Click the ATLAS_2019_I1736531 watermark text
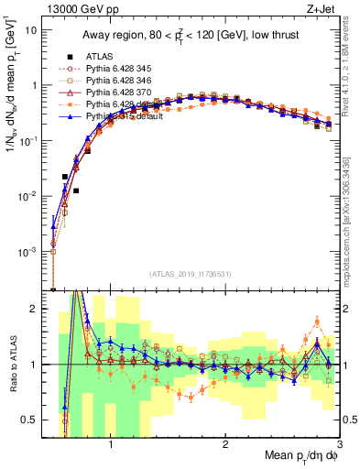point(191,274)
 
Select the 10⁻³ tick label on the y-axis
point(27,251)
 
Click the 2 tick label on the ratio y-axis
point(34,309)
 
